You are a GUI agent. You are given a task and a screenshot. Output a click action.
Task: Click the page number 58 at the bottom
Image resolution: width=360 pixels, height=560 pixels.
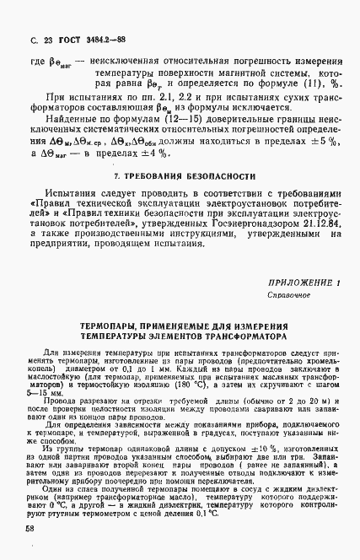[x=30, y=528]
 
